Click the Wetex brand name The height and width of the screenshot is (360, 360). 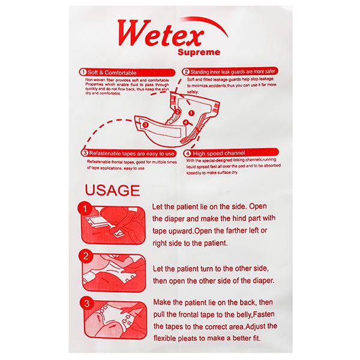[161, 33]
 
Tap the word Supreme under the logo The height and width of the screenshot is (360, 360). [199, 52]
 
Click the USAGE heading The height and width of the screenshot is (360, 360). [113, 190]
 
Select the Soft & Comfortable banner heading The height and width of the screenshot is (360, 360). [127, 73]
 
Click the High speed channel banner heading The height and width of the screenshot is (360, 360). [231, 153]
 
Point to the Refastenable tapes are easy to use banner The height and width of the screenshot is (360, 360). [128, 153]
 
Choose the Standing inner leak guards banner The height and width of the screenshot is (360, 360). [230, 71]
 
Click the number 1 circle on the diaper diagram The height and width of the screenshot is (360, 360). [191, 113]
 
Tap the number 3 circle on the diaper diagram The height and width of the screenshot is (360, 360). [145, 125]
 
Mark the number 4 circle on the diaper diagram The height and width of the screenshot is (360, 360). [185, 122]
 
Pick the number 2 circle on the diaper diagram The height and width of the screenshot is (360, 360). [177, 112]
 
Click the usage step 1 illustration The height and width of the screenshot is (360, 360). [113, 225]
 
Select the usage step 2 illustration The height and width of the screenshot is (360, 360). [114, 273]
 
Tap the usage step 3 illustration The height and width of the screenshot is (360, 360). [115, 320]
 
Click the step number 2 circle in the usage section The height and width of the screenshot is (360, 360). [86, 256]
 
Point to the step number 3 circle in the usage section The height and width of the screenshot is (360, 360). [87, 304]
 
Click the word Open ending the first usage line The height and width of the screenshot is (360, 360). [258, 206]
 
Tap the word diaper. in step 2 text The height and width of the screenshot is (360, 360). [263, 281]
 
